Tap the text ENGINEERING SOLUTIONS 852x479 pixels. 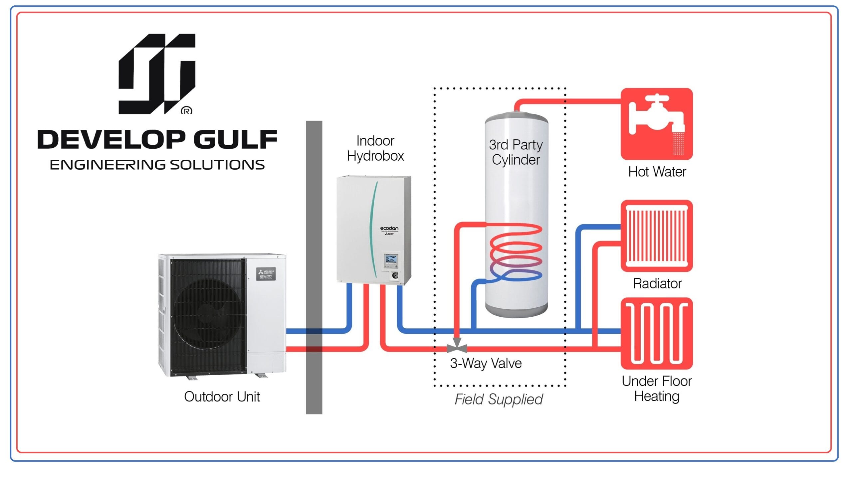click(x=157, y=165)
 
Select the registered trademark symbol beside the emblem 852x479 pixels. click(x=186, y=110)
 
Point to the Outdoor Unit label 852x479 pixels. click(x=222, y=397)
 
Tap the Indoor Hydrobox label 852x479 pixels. click(x=375, y=148)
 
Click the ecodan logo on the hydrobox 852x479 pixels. click(x=389, y=229)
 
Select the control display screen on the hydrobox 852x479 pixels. click(x=391, y=259)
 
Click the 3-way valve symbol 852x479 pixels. click(x=457, y=346)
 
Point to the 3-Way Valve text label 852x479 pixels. click(x=486, y=363)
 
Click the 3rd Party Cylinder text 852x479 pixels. click(x=516, y=152)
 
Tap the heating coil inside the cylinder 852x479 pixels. click(x=516, y=253)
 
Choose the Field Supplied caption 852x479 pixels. click(x=499, y=399)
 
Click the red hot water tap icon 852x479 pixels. click(x=657, y=124)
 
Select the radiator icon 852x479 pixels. click(x=657, y=236)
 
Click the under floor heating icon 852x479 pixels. click(x=657, y=333)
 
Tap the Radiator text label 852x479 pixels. click(x=657, y=283)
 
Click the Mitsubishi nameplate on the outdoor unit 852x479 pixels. click(x=266, y=274)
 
